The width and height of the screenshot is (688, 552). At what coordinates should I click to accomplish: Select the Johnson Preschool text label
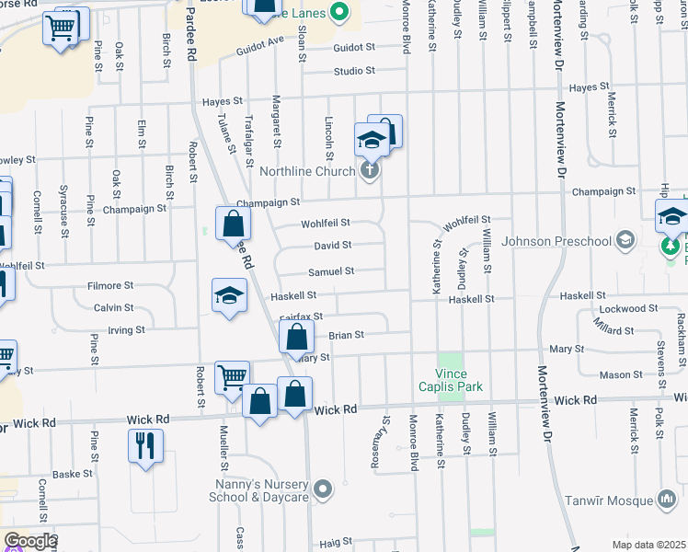click(x=563, y=242)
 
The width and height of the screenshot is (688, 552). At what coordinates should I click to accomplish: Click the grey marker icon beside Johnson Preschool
click(x=625, y=241)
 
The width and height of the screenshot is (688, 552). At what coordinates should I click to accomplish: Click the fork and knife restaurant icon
click(x=145, y=446)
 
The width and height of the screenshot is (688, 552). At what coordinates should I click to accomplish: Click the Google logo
click(x=29, y=541)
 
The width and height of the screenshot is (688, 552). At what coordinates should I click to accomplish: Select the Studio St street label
click(x=354, y=70)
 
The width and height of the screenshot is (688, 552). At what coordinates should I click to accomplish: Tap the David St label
click(x=332, y=246)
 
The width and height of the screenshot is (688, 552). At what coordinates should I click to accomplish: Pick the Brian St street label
click(x=347, y=335)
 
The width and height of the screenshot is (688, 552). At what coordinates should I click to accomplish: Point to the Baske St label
click(x=73, y=474)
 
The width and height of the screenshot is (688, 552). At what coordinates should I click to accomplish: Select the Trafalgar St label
click(x=248, y=134)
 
